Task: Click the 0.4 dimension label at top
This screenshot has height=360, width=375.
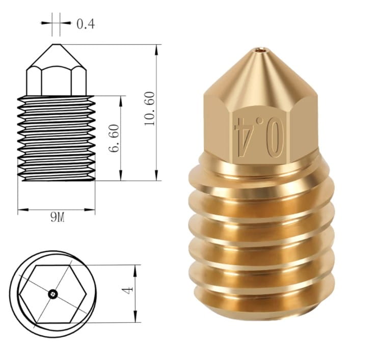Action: pos(86,24)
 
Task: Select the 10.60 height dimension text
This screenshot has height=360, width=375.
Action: pos(150,108)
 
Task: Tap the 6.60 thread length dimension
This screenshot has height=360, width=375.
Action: pos(114,138)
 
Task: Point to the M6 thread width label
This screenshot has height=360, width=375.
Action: pos(58,217)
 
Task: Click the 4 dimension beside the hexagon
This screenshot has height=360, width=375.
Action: pos(127,290)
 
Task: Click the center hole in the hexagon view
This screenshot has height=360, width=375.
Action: pos(52,294)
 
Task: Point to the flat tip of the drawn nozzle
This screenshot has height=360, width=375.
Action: pos(56,44)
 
